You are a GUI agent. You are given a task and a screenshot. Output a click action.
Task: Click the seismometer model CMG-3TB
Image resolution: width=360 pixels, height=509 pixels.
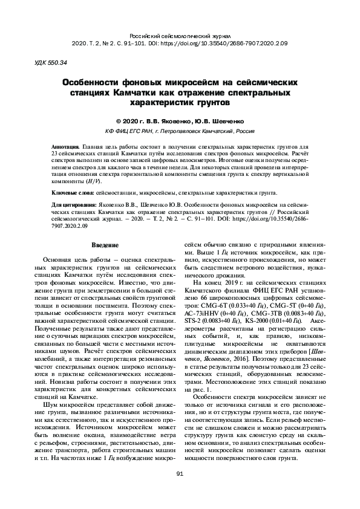pyautogui.click(x=273, y=316)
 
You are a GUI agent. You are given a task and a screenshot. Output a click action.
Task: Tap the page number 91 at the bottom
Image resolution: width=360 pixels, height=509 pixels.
pyautogui.click(x=180, y=473)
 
